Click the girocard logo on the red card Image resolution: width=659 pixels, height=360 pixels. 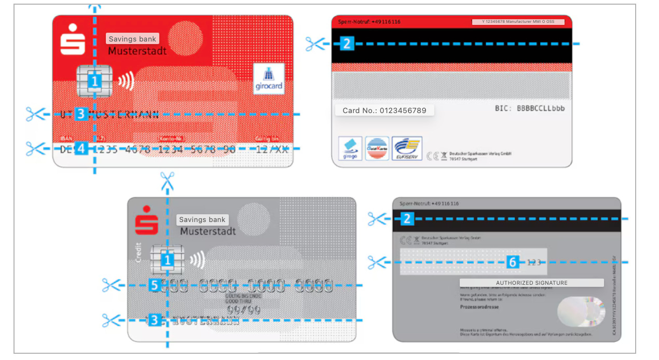pos(269,78)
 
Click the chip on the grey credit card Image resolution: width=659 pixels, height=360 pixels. pos(161,260)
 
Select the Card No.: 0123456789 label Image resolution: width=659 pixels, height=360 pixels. pos(384,110)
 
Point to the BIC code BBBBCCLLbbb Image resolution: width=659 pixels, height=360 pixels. pos(529,108)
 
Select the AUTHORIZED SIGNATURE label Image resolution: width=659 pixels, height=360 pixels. pos(531,283)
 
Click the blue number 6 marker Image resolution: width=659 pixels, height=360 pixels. pos(513,262)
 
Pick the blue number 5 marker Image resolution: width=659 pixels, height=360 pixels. pos(154,285)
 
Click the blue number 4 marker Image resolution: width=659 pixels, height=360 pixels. pos(80,149)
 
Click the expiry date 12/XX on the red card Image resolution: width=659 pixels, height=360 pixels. pos(272,149)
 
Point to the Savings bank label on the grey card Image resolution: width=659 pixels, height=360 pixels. pos(202,220)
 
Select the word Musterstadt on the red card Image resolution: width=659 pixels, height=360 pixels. pos(137,51)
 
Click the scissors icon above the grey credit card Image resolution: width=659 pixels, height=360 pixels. pos(167,182)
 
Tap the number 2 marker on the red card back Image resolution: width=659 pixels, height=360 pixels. pos(347,44)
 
